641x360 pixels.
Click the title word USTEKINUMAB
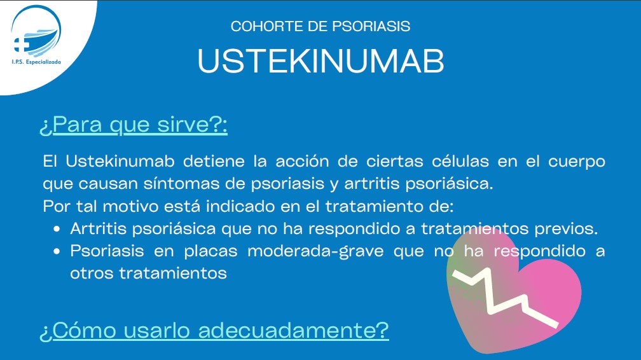(321, 61)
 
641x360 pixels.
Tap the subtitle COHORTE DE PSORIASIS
(320, 26)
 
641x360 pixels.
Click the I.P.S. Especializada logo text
(36, 62)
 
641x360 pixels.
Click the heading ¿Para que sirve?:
(134, 125)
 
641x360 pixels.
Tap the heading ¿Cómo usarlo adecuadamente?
(214, 330)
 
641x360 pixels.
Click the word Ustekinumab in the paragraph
(120, 161)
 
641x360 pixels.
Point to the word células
(460, 161)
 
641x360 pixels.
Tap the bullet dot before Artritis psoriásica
(57, 229)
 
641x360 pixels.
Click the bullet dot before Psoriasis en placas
(57, 252)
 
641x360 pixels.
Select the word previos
(566, 229)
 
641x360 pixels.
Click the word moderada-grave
(315, 251)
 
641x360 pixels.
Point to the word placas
(210, 251)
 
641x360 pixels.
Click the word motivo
(130, 206)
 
